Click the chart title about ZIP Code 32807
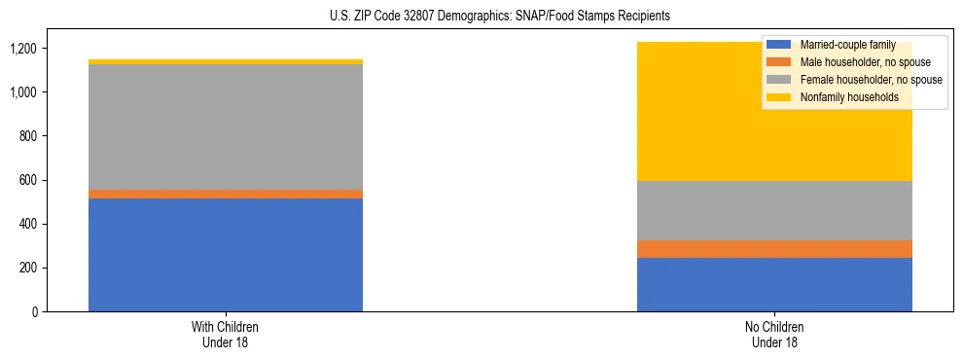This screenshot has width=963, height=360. pos(482,17)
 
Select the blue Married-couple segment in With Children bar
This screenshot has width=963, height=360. pos(226,255)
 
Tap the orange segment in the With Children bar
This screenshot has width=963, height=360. pos(226,194)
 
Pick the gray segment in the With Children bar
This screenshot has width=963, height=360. pos(226,126)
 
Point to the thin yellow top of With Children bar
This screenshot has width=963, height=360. pos(226,61)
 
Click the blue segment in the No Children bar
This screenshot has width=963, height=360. pos(774,284)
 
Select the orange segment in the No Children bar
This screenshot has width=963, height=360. pos(774,249)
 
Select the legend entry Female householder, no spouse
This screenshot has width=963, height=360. pos(869,80)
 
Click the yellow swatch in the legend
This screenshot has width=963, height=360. pos(779,97)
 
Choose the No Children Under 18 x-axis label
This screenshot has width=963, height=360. pos(774,334)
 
